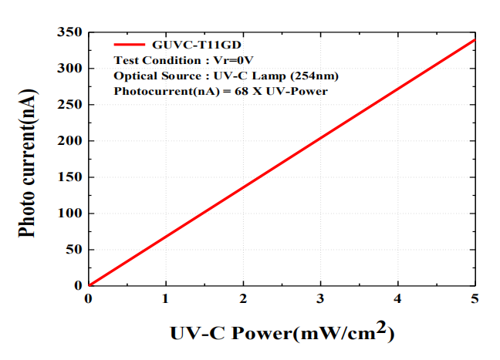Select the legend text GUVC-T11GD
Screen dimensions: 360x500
click(x=184, y=45)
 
